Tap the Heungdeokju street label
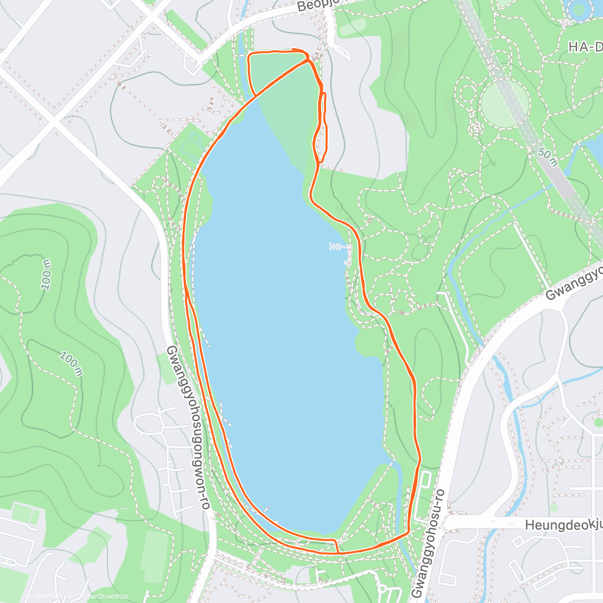pos(563,525)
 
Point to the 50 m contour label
pos(547,156)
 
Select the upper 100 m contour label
pos(46,274)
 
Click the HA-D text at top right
pos(585,47)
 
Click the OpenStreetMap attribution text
pos(106,596)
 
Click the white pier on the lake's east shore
pos(340,246)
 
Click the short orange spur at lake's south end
pos(336,546)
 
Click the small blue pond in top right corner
pos(579,9)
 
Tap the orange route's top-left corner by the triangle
pos(250,54)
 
